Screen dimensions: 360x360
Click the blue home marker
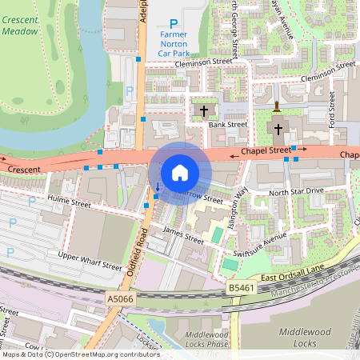click(180, 173)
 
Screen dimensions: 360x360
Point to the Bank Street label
click(227, 125)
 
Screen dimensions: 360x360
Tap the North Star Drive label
click(296, 191)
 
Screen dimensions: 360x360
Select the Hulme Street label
click(69, 205)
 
